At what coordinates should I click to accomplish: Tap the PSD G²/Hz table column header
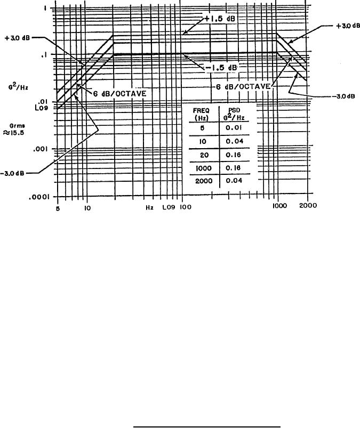[x=234, y=114]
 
